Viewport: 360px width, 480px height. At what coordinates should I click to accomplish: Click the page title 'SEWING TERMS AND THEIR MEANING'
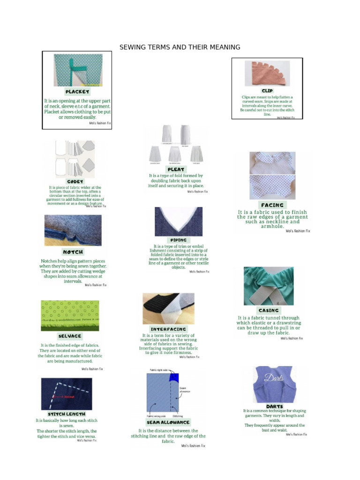click(180, 47)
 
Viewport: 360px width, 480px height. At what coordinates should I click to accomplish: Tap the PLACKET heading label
click(77, 92)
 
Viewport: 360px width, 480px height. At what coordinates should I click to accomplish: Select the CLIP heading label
click(267, 90)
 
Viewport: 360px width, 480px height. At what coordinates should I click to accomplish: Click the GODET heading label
click(75, 181)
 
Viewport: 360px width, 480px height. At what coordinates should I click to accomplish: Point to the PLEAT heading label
click(176, 169)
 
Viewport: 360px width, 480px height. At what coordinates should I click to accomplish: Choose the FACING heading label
click(272, 205)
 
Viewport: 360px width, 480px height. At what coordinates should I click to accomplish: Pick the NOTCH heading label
click(73, 252)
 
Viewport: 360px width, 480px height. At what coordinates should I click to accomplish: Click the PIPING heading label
click(179, 240)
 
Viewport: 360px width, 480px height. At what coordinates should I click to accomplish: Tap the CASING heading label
click(269, 310)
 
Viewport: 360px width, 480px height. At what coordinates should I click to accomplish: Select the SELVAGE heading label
click(70, 336)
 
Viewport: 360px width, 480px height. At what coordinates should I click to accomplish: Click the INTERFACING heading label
click(168, 329)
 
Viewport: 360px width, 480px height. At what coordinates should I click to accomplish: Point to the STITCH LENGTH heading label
click(67, 414)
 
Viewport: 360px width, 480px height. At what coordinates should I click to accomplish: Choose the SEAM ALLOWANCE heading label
click(168, 422)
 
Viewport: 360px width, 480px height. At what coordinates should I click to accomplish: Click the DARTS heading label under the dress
click(274, 406)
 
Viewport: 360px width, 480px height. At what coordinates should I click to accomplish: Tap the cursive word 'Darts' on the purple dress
click(273, 377)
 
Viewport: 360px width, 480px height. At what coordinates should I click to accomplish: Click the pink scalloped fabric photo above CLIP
click(267, 73)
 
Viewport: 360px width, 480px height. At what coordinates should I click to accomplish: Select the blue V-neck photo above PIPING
click(179, 221)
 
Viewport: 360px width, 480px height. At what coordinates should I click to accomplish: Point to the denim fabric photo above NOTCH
click(73, 230)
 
